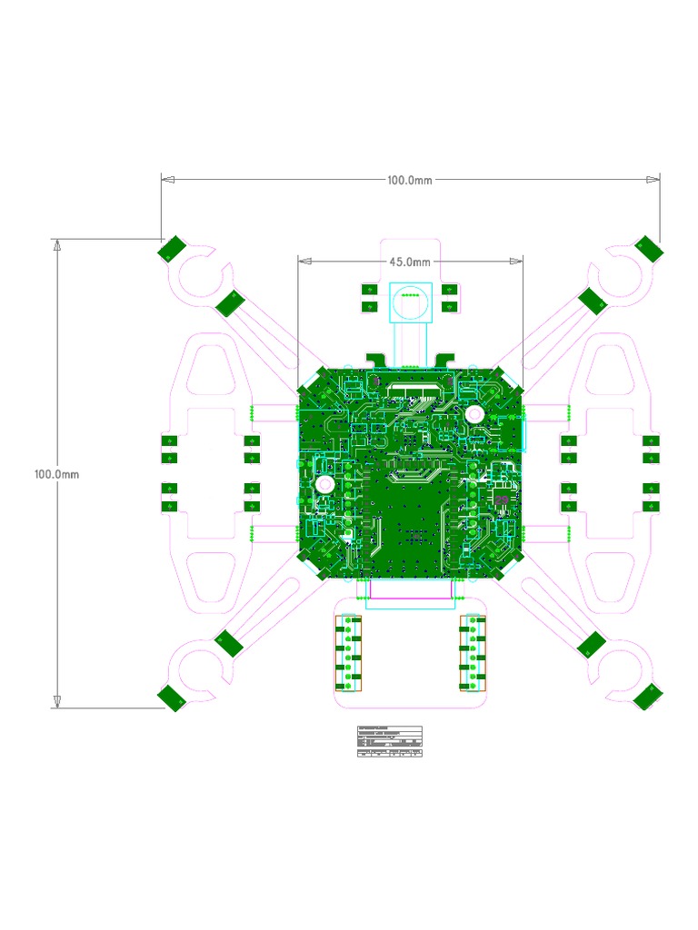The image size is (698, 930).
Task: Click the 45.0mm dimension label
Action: pyautogui.click(x=410, y=262)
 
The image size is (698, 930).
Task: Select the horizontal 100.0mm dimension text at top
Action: pyautogui.click(x=410, y=180)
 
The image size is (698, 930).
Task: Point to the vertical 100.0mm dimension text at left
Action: pyautogui.click(x=57, y=474)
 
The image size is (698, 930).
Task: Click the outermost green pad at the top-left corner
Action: pyautogui.click(x=171, y=248)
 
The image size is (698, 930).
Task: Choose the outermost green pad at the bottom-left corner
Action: pyautogui.click(x=171, y=697)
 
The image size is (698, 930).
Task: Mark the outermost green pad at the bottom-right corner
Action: pyautogui.click(x=649, y=697)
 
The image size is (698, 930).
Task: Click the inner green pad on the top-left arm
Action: pyautogui.click(x=231, y=302)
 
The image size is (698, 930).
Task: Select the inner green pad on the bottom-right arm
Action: pyautogui.click(x=590, y=645)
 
